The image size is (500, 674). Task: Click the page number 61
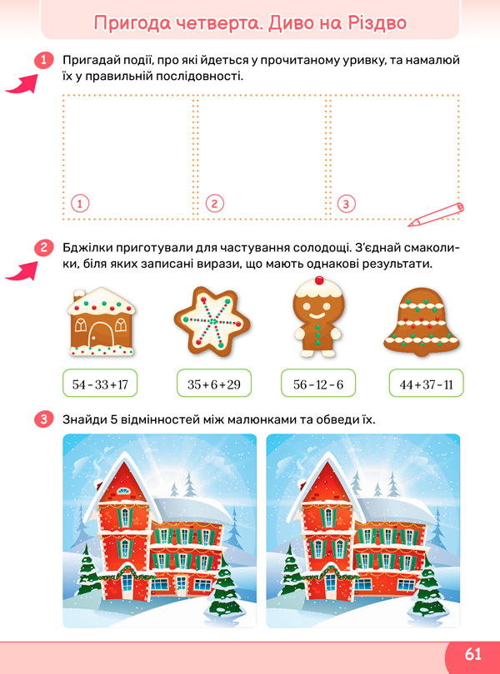point(472,654)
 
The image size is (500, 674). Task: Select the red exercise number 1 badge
point(44,60)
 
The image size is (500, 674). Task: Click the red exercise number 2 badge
point(44,248)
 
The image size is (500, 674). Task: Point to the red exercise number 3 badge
point(44,419)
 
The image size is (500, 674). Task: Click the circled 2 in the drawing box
point(214,203)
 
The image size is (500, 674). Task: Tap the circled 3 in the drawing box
point(347,204)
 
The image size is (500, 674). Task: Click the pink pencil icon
point(436,215)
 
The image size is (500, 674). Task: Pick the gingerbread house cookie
point(102,322)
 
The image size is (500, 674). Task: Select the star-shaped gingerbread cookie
point(212,320)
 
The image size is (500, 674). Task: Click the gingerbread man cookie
point(318,317)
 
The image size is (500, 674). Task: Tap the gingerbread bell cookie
point(422,322)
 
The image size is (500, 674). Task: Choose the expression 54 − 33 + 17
point(100,384)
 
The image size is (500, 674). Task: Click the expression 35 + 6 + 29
point(214,384)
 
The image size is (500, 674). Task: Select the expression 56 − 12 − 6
point(318,384)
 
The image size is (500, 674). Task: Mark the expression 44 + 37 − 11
point(427,384)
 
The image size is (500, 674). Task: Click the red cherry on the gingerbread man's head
point(319,280)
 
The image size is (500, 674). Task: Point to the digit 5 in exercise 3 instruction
point(114,419)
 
